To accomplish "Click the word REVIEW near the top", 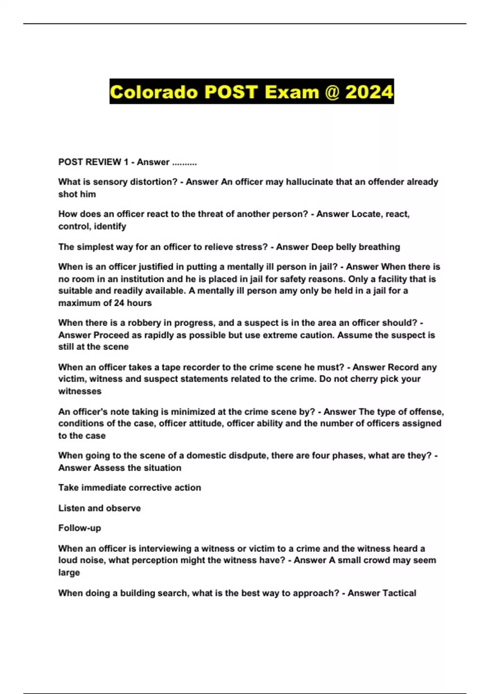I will coord(102,162).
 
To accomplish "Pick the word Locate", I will coord(366,214).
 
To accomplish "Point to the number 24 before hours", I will coord(119,303).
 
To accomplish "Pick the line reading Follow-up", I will coord(80,528).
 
